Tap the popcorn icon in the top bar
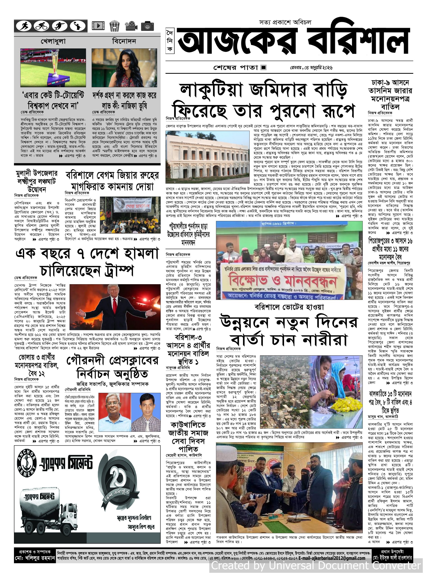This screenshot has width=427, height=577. coord(114,26)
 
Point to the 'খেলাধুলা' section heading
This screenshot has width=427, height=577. coord(53,41)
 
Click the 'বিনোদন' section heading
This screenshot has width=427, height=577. coord(124,41)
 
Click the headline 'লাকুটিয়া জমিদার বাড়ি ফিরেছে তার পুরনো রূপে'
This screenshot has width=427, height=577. coord(264,101)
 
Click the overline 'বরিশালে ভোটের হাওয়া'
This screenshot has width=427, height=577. coord(289,307)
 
